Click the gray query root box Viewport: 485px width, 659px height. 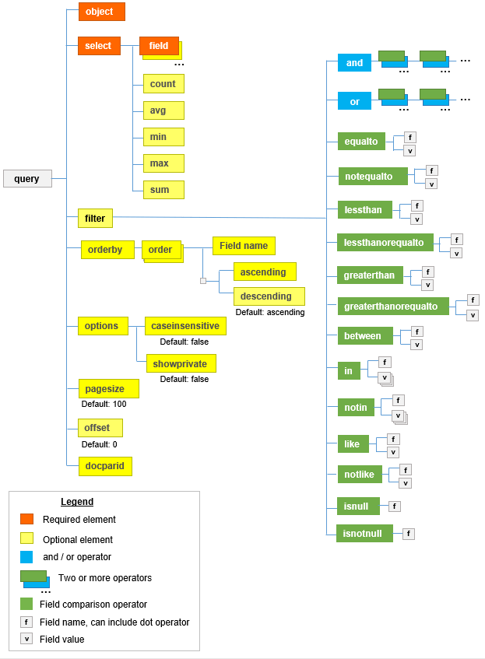pos(27,179)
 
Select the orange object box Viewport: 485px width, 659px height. pos(101,12)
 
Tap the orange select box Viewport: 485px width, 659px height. pos(99,46)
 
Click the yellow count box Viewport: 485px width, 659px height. pos(163,84)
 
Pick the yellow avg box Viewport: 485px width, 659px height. pos(163,110)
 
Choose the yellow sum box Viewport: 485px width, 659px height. pos(163,190)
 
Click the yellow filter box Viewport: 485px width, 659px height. pos(95,219)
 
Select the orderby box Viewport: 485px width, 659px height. pos(107,250)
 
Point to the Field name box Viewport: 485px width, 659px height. pos(244,246)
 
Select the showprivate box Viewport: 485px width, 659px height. pos(181,363)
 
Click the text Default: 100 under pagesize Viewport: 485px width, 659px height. pos(104,404)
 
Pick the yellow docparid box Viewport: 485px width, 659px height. pos(105,466)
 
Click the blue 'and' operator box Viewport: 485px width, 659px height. pos(354,63)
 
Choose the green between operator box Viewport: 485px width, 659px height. pos(363,336)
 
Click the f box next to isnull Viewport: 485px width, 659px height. pos(395,507)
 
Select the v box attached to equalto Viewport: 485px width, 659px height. pos(409,151)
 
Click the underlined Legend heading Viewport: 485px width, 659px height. pos(77,502)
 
